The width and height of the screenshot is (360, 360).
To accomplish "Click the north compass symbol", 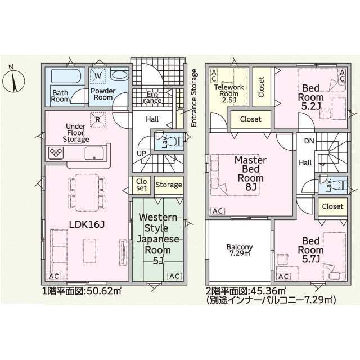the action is pyautogui.click(x=13, y=81).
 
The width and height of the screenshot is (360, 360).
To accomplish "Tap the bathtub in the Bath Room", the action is pyautogui.click(x=66, y=76).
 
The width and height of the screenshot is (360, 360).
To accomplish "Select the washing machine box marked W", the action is pyautogui.click(x=98, y=75).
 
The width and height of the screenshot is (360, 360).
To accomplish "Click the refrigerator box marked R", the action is pyautogui.click(x=98, y=119).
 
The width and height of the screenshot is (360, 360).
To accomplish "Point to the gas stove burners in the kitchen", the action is pyautogui.click(x=56, y=152).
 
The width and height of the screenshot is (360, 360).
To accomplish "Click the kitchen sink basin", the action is pyautogui.click(x=94, y=154).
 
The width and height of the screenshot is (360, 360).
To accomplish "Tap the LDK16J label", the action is pyautogui.click(x=87, y=225).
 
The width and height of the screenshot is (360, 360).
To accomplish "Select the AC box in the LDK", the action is pyautogui.click(x=54, y=276).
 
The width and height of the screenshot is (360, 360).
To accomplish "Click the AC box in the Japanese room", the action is pyautogui.click(x=174, y=276).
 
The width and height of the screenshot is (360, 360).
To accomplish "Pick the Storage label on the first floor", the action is pyautogui.click(x=169, y=185).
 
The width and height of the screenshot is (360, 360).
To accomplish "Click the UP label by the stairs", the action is pyautogui.click(x=141, y=154).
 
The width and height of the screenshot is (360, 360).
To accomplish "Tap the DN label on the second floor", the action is pyautogui.click(x=309, y=141).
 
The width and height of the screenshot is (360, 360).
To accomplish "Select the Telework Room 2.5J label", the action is pyautogui.click(x=229, y=94).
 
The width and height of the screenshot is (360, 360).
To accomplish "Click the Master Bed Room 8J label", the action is pyautogui.click(x=250, y=174).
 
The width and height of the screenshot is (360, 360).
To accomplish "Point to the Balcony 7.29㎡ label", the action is pyautogui.click(x=240, y=250).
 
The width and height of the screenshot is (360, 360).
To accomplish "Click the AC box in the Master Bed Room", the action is pyautogui.click(x=218, y=211).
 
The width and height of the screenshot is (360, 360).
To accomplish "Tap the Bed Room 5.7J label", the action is pyautogui.click(x=310, y=250).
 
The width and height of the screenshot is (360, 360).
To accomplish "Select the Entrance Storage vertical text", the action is pyautogui.click(x=194, y=98).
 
